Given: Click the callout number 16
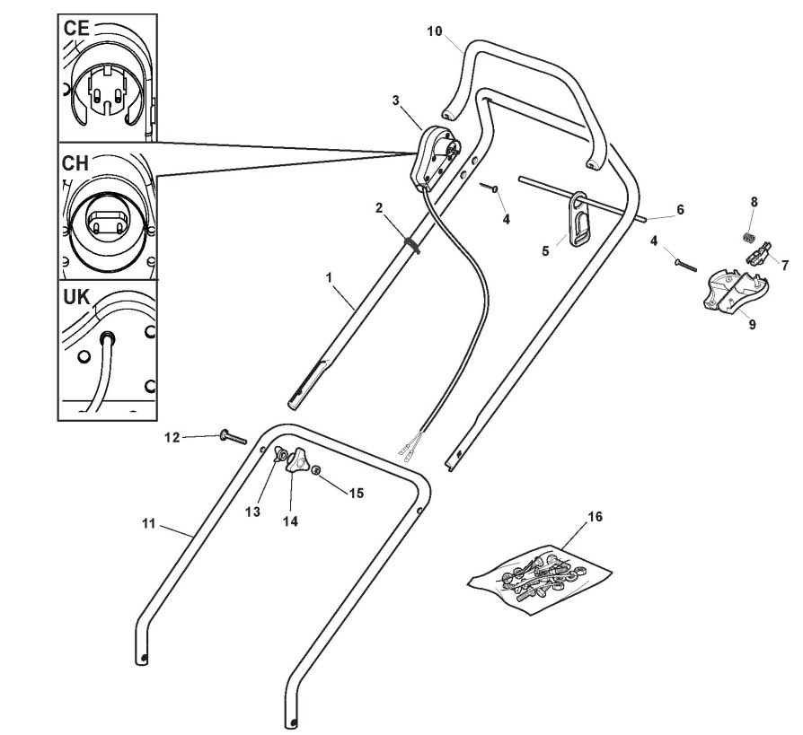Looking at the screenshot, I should (x=595, y=517).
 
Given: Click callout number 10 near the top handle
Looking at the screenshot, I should (x=435, y=31).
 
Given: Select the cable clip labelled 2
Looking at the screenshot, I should (x=410, y=244).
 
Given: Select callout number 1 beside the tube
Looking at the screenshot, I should (x=331, y=279).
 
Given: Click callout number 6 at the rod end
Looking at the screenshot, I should (x=680, y=209).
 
